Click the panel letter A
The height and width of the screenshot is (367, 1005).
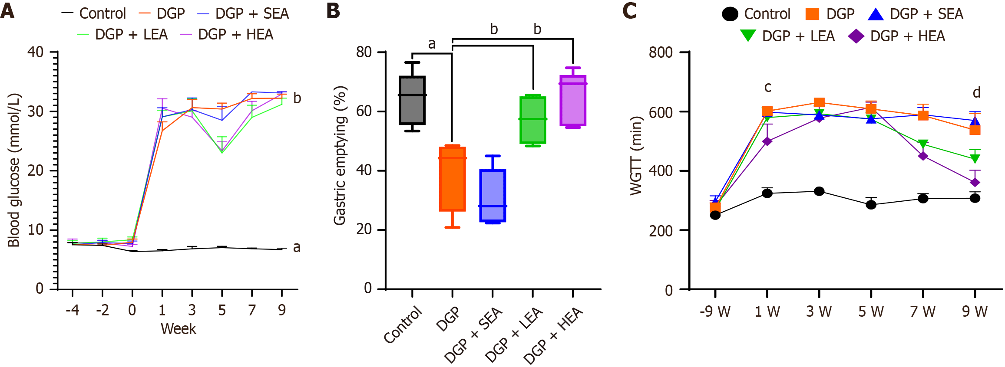pos(7,11)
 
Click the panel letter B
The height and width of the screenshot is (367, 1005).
pos(333,11)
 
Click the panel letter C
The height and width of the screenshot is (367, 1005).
pos(629,11)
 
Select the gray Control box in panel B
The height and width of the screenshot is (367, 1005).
pos(412,101)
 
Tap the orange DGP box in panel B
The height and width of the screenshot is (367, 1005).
pos(453,179)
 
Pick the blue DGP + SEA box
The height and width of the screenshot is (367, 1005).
pos(493,196)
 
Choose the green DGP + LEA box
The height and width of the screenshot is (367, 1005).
pos(533,120)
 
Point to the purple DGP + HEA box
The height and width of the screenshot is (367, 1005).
pos(573,101)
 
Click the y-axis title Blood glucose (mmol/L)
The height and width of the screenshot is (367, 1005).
pos(14,170)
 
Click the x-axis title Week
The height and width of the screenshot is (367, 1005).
pos(179,329)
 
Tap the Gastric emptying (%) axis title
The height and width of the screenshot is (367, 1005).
pos(340,155)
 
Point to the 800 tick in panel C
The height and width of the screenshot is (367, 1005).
pos(661,52)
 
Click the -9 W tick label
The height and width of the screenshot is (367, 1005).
pos(715,311)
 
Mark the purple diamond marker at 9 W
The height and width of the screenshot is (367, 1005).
pos(975,183)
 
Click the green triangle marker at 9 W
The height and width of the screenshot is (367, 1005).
pos(975,159)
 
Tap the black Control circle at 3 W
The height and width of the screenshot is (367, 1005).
pos(819,191)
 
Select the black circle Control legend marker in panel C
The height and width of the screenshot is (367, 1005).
pos(730,14)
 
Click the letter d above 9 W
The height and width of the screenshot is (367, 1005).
pos(976,92)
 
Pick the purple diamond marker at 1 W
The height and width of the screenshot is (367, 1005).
pos(767,141)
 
